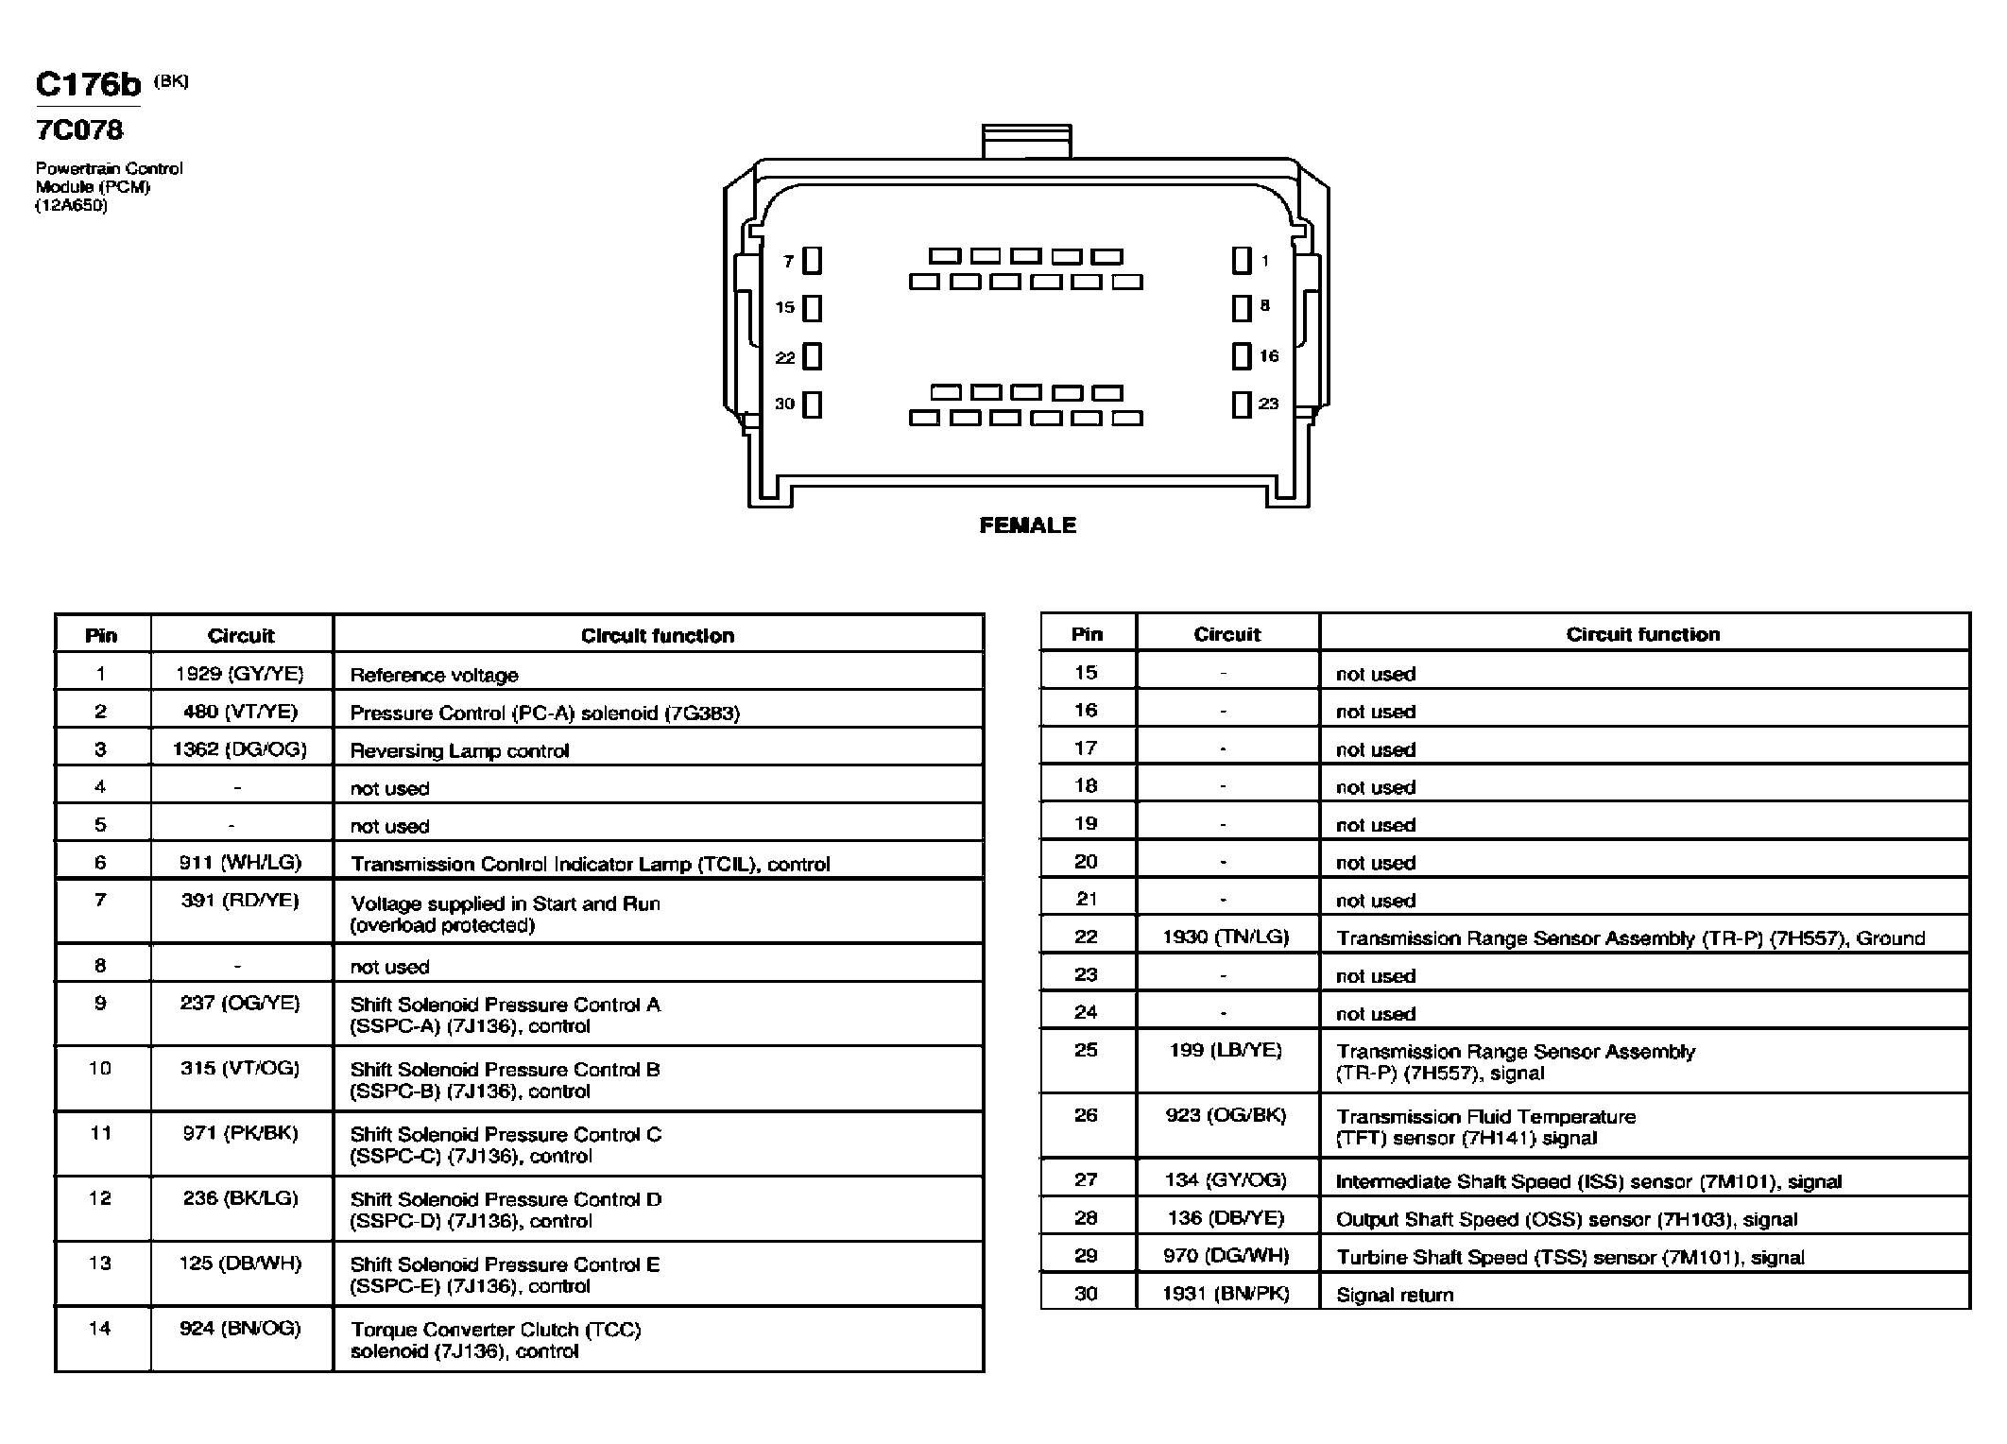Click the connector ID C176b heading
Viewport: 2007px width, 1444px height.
88,84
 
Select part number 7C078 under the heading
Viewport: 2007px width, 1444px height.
79,129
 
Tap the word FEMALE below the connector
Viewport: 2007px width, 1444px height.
1027,525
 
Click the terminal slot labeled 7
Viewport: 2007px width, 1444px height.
812,261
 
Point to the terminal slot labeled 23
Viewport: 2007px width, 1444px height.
1242,404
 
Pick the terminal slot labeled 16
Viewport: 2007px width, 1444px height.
1242,356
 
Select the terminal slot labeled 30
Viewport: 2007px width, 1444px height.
812,404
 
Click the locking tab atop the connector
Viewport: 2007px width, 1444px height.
1027,141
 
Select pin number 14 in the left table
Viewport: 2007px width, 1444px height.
100,1328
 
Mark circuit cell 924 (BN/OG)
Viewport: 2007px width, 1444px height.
240,1328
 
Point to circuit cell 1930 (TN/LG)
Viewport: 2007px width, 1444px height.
1226,937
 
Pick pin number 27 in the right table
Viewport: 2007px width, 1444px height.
1086,1179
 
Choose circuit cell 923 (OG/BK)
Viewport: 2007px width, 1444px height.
1226,1114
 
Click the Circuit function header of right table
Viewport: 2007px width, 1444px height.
1643,634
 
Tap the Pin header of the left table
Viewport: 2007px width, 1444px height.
101,635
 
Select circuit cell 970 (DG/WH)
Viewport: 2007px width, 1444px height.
1226,1255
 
